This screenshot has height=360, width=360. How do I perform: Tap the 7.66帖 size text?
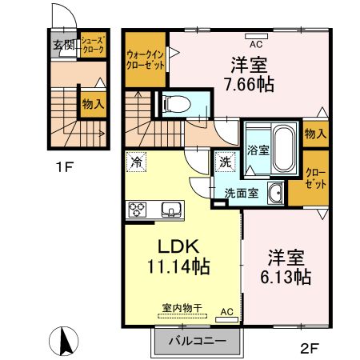click(x=250, y=84)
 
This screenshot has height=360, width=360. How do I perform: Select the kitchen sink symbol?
click(x=170, y=210)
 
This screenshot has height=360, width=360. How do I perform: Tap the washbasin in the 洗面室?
click(x=274, y=192)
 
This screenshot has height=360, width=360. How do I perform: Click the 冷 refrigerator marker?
click(x=138, y=162)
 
